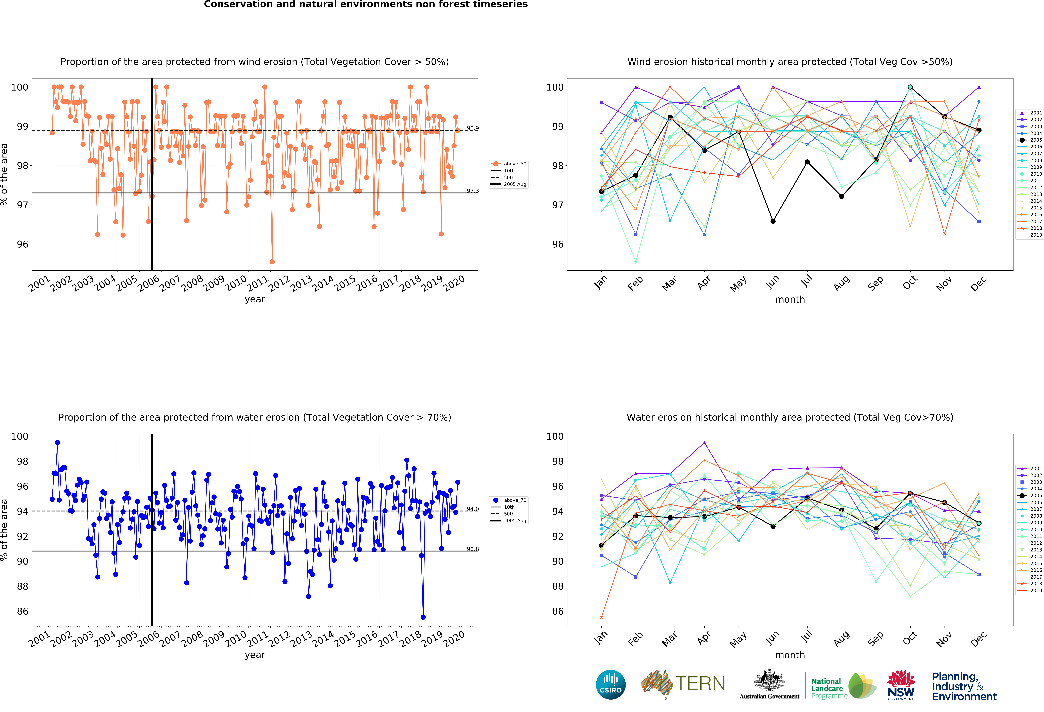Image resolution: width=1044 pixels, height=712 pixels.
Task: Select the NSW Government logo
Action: click(x=901, y=685)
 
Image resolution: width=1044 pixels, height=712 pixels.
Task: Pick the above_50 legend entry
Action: click(x=509, y=164)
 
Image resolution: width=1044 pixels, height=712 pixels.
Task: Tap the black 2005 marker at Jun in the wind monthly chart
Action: click(x=773, y=221)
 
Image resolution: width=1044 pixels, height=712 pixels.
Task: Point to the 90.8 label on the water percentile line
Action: click(x=472, y=549)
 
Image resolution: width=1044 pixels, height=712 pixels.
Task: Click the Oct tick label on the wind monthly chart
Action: click(x=910, y=282)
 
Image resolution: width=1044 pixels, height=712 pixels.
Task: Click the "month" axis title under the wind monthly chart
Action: click(x=790, y=299)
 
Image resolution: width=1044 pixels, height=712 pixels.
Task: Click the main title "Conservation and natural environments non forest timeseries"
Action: click(x=366, y=4)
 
